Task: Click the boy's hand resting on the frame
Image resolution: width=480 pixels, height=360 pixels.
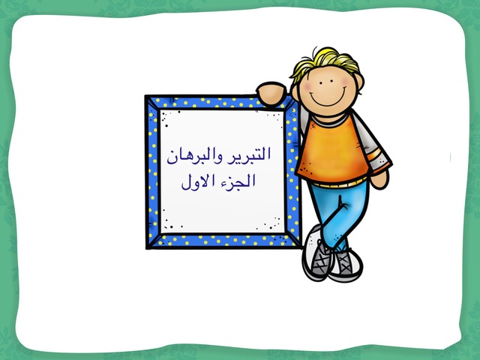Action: tap(271, 94)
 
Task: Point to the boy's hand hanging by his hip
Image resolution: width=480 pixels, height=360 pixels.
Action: tap(380, 178)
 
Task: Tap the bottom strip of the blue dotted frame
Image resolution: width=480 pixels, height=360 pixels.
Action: tap(223, 240)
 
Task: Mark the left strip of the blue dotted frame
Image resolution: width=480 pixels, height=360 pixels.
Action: tap(153, 172)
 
